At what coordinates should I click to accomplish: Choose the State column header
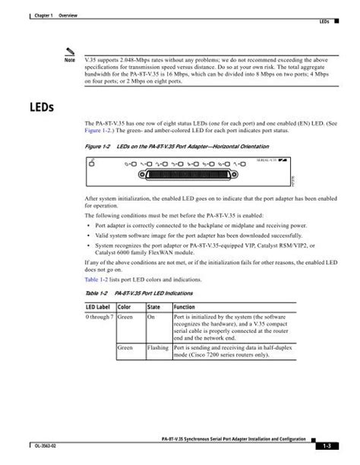tap(155, 307)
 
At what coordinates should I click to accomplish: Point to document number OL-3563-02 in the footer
tap(33, 446)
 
